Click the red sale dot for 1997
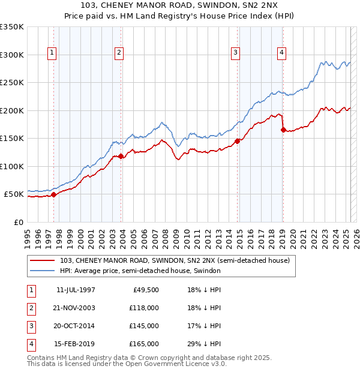tap(54, 194)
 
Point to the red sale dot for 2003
tap(121, 156)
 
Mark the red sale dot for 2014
tap(237, 141)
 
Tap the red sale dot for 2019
tap(283, 130)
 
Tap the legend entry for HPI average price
tap(140, 271)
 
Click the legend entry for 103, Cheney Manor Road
tap(175, 260)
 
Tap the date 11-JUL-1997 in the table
tap(76, 290)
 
